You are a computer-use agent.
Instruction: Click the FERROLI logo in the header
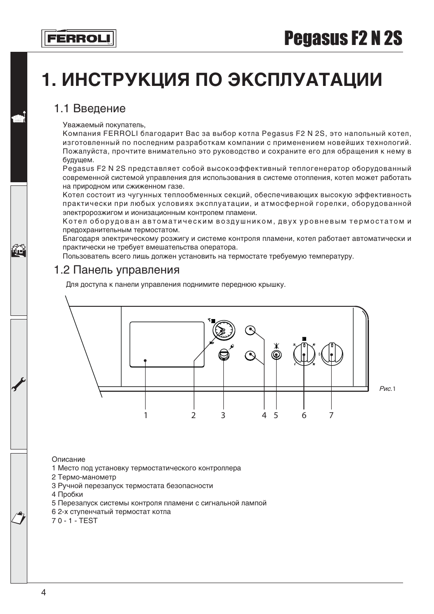79,39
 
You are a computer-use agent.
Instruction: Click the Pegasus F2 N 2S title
343,39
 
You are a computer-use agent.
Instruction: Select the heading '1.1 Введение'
90,109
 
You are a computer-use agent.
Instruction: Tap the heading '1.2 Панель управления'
116,270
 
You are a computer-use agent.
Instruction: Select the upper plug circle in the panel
250,330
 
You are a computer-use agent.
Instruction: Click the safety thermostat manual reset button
223,354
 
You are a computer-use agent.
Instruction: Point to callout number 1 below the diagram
146,415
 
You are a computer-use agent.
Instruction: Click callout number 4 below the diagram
264,415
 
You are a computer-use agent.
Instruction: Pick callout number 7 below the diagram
331,415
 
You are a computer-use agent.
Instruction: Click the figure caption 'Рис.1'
387,389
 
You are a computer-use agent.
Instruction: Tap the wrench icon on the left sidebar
19,384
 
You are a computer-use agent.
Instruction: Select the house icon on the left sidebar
19,250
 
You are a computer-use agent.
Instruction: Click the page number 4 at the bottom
44,592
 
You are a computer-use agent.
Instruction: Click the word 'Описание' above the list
68,459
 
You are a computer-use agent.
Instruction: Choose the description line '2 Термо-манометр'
84,477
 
